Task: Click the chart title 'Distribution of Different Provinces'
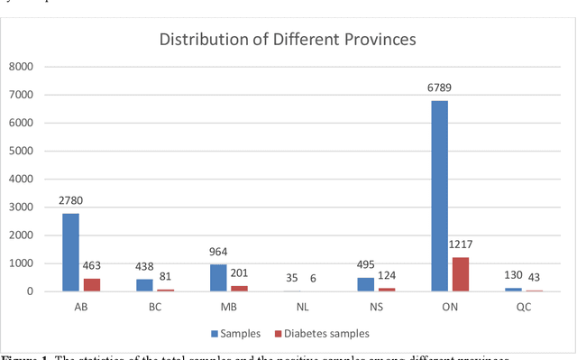(288, 40)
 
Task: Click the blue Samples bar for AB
(70, 252)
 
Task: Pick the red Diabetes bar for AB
(92, 284)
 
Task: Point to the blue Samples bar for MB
(218, 278)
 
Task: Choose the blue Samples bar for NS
(365, 284)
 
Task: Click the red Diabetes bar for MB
(239, 288)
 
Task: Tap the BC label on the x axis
(155, 307)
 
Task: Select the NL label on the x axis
(303, 307)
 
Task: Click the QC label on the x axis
(524, 307)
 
